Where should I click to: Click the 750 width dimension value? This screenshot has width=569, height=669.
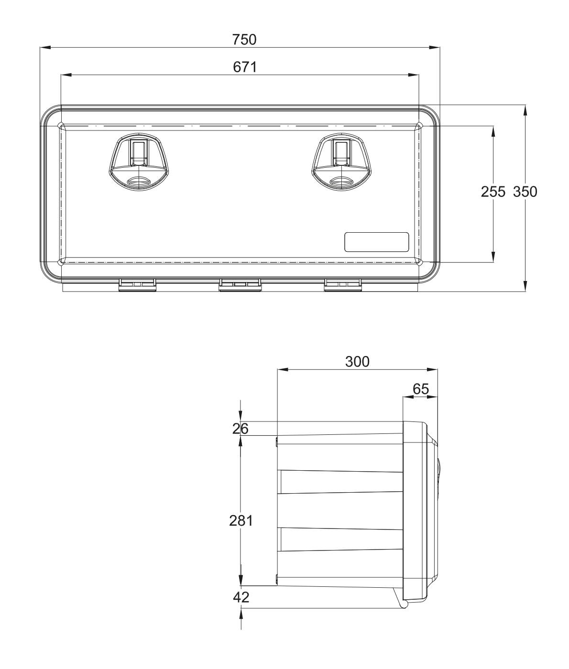(x=244, y=40)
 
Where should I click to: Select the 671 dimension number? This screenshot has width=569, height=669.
(x=245, y=67)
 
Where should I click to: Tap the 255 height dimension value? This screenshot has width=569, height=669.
(x=493, y=192)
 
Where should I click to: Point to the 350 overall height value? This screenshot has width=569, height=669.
(x=525, y=192)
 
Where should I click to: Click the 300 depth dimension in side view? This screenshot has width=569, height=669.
(x=357, y=362)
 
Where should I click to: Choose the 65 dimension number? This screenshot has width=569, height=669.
(x=421, y=389)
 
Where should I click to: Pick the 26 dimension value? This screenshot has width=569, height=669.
(x=241, y=429)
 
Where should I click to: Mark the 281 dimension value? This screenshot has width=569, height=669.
(x=241, y=521)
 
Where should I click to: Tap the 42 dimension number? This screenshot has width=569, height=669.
(x=241, y=597)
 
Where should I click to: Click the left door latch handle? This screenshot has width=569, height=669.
(x=139, y=162)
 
